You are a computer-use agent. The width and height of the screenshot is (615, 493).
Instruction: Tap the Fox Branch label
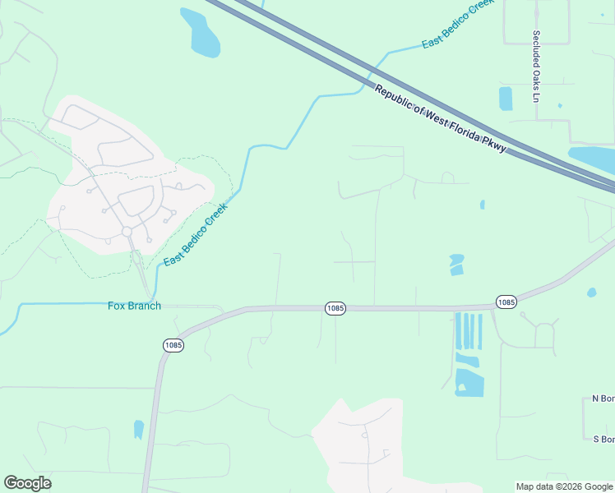click(x=134, y=306)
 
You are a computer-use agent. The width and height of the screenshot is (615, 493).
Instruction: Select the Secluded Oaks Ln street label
click(x=535, y=66)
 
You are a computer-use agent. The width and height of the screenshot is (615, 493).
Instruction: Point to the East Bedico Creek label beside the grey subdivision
click(x=195, y=235)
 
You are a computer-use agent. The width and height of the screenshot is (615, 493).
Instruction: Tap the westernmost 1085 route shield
click(x=173, y=345)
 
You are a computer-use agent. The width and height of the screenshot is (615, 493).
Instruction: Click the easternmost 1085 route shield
click(x=506, y=302)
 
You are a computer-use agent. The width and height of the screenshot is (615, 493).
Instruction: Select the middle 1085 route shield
click(x=335, y=308)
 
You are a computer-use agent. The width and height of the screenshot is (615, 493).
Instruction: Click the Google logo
click(x=27, y=483)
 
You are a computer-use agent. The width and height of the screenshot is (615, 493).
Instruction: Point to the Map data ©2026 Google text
click(x=564, y=486)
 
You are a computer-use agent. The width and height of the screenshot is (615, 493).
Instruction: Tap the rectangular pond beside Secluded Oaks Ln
click(x=505, y=99)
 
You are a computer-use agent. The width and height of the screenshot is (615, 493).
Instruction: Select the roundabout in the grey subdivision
click(x=127, y=232)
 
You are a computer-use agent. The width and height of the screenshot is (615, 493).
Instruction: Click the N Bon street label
click(x=603, y=399)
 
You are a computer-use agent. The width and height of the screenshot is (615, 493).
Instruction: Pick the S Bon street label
click(x=604, y=439)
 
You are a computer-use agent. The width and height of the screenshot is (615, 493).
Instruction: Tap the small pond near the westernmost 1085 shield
click(x=138, y=429)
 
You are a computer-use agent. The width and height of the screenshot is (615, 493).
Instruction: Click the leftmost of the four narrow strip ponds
click(x=458, y=331)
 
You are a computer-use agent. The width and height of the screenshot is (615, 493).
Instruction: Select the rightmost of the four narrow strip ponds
click(x=480, y=331)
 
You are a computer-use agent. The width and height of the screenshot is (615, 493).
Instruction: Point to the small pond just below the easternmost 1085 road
click(x=592, y=293)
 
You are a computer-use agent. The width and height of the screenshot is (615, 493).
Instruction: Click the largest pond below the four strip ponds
click(x=469, y=382)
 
